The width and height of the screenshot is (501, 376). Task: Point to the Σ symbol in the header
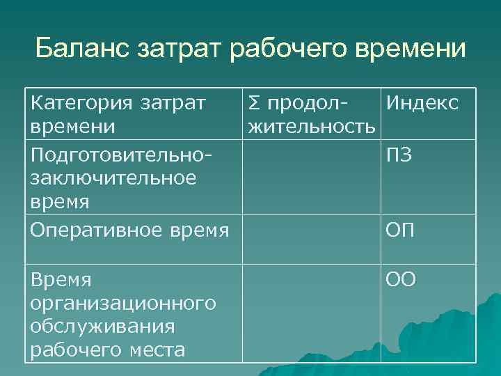click(251, 104)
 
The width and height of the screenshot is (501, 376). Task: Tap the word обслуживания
click(102, 326)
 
